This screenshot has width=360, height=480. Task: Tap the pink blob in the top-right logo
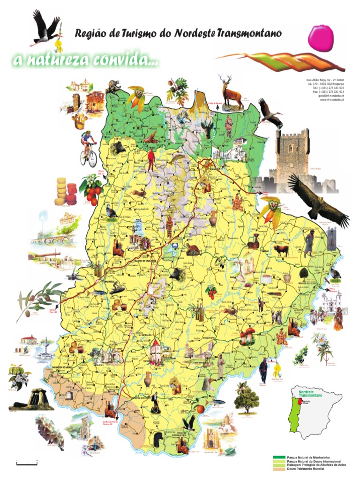click(x=321, y=37)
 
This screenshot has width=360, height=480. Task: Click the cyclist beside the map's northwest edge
click(x=88, y=147)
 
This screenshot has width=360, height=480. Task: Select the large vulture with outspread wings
click(x=319, y=198)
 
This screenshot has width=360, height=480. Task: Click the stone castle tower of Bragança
click(x=292, y=159)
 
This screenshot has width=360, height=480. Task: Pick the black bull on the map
click(x=281, y=249)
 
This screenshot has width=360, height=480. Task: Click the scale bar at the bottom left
click(x=27, y=464)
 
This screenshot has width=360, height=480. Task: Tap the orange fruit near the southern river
click(x=200, y=409)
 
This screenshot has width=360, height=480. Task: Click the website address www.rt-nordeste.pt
click(x=332, y=100)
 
